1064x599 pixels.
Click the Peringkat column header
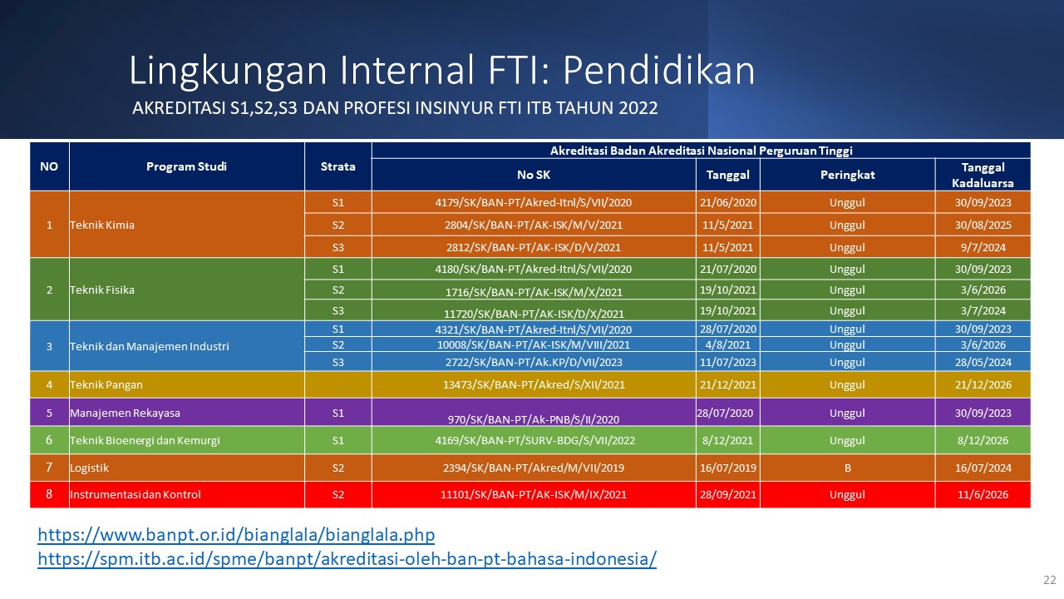click(x=847, y=175)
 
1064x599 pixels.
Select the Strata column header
click(x=337, y=166)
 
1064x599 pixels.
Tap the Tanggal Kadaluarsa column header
click(x=983, y=175)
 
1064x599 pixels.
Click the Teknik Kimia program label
click(x=102, y=225)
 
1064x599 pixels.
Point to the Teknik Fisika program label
click(x=102, y=290)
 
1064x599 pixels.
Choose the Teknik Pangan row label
click(x=106, y=384)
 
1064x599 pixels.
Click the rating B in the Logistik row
click(x=847, y=468)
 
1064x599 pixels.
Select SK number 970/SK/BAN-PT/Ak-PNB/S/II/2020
click(x=534, y=419)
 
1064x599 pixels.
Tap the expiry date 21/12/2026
click(x=983, y=384)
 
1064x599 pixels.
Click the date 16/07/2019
click(x=727, y=468)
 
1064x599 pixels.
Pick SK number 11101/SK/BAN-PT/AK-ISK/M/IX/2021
click(x=534, y=494)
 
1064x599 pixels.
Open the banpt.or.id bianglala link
click(x=236, y=535)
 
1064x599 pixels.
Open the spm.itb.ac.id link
click(x=347, y=558)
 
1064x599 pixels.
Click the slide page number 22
click(x=1049, y=580)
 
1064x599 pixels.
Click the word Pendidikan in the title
click(x=659, y=71)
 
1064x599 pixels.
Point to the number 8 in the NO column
click(x=49, y=494)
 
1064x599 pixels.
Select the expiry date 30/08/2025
click(x=983, y=225)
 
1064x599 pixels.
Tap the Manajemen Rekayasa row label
click(x=125, y=413)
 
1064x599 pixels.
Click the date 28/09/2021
click(x=727, y=494)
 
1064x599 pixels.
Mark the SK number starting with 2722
click(x=534, y=362)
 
